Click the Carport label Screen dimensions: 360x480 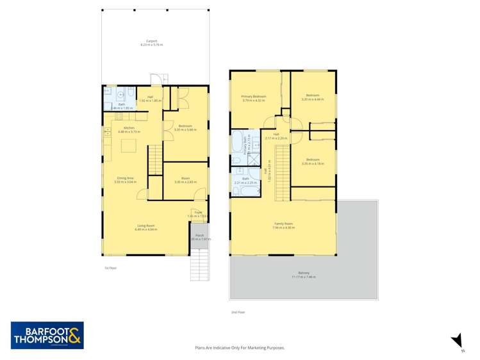151,43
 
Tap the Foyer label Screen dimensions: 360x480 199,214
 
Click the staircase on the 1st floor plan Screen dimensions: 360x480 154,159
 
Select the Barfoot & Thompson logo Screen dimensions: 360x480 47,335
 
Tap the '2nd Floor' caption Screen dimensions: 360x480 238,312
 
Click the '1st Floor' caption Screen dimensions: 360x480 110,268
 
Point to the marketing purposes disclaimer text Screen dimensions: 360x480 240,348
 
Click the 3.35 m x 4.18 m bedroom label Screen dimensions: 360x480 313,161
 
